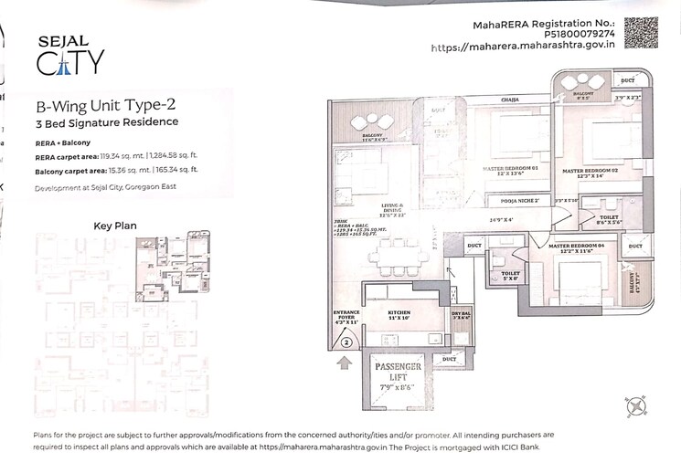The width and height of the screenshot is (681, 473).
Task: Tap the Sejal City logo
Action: click(x=69, y=56)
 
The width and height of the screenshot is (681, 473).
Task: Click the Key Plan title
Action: click(x=115, y=225)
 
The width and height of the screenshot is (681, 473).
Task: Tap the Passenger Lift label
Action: click(x=399, y=373)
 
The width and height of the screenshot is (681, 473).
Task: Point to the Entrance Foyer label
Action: click(x=347, y=316)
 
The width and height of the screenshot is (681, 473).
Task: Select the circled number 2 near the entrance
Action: click(x=347, y=343)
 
